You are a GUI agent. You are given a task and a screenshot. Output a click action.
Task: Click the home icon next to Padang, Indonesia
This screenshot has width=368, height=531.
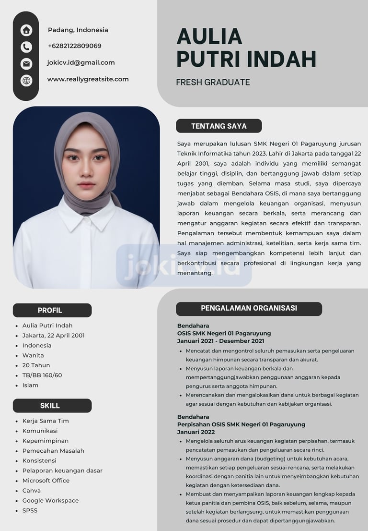click(26, 30)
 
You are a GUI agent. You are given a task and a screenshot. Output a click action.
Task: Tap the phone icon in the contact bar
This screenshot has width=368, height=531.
click(26, 47)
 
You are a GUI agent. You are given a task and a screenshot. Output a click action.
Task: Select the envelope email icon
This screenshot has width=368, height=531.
click(26, 63)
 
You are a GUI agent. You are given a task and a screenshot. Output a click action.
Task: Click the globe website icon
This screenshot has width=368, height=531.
click(26, 80)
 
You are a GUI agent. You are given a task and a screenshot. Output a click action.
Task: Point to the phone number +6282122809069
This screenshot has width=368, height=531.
click(74, 46)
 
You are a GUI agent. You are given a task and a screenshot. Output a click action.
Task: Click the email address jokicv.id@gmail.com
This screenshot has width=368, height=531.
click(80, 62)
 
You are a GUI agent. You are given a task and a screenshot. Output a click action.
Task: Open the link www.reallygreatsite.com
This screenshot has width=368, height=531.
click(88, 79)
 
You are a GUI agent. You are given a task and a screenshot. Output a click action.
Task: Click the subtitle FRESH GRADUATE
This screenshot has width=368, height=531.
click(213, 82)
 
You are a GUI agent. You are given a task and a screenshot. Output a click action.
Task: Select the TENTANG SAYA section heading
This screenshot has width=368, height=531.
click(219, 126)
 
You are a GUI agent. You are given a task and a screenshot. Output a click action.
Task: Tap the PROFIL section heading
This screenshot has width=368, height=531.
click(50, 310)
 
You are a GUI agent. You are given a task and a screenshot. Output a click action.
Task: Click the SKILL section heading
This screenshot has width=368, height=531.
click(50, 406)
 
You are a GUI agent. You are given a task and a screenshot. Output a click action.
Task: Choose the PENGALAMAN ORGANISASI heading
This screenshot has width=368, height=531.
click(249, 308)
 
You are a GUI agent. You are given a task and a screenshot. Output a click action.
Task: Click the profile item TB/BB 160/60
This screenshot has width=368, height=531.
click(42, 375)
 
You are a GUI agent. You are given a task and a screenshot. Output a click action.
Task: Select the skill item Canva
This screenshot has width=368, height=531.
click(32, 491)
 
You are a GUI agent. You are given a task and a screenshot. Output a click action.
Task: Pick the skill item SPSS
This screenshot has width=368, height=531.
click(30, 510)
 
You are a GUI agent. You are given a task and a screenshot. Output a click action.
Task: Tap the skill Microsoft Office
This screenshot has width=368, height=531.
click(46, 481)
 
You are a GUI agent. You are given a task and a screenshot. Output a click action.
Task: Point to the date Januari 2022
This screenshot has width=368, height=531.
click(196, 432)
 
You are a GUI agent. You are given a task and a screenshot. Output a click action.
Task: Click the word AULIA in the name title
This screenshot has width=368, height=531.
click(209, 36)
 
